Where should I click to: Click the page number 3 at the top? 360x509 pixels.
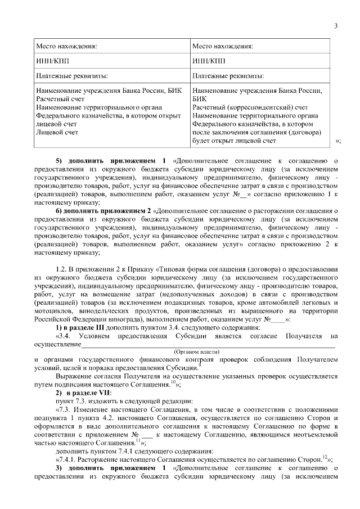335,25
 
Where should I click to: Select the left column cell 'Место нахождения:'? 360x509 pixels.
67,47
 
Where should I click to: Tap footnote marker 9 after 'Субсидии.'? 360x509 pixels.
192,365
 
